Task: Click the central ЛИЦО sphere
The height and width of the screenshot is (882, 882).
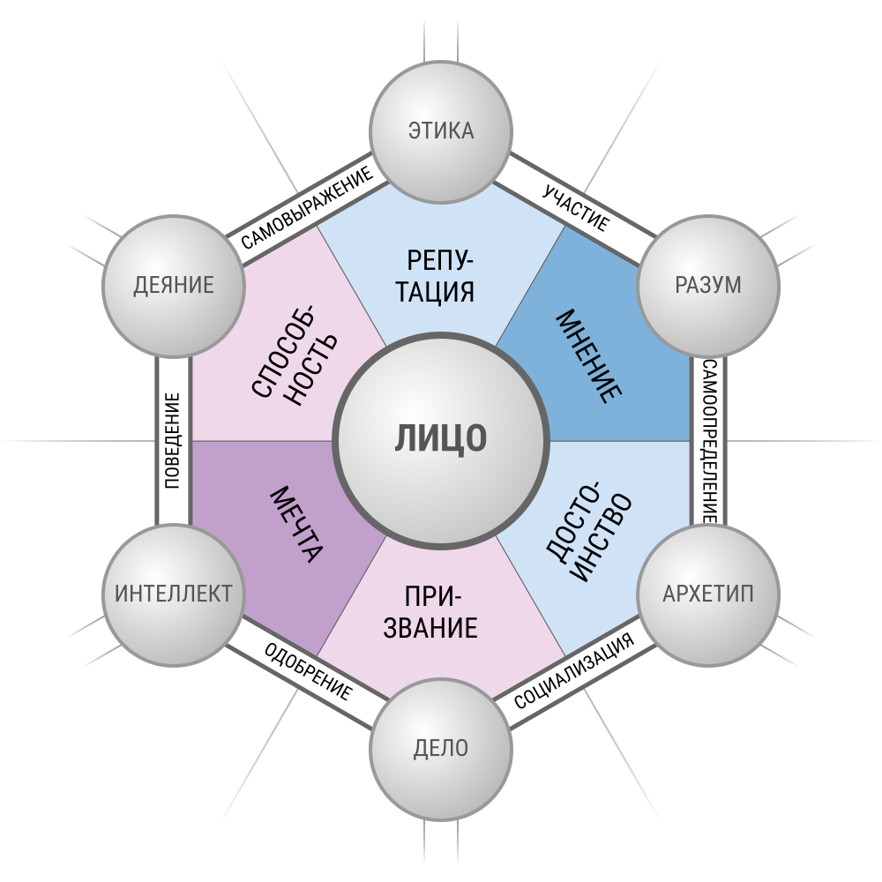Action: (441, 440)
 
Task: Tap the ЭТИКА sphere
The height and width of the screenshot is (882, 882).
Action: (441, 131)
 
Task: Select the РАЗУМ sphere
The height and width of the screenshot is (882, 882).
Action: (708, 286)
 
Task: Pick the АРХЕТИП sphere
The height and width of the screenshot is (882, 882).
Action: (708, 595)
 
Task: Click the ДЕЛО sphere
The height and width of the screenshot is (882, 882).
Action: (441, 749)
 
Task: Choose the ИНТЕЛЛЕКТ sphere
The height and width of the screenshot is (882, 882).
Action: (173, 595)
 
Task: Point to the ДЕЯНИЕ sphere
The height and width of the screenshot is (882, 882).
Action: (173, 286)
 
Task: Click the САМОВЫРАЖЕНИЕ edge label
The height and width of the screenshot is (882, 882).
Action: (307, 207)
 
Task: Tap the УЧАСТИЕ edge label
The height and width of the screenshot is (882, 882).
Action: (576, 207)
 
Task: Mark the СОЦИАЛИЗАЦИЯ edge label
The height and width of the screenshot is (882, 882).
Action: (574, 670)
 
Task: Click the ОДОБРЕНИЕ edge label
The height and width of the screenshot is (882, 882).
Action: (308, 671)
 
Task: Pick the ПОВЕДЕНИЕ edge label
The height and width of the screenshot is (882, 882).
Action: (172, 440)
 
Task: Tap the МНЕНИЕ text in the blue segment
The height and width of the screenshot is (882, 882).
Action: (589, 356)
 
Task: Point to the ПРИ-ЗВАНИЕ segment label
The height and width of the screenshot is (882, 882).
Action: (430, 611)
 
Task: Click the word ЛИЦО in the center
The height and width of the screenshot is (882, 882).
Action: (440, 438)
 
